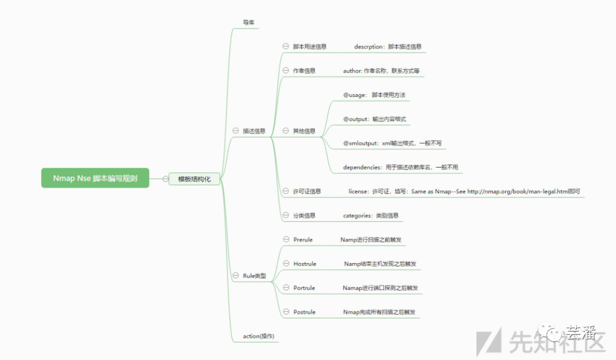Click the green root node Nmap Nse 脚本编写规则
point(95,179)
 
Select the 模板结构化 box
point(194,179)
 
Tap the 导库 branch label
point(248,23)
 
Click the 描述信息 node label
point(254,131)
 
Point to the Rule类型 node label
point(254,276)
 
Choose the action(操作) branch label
point(258,336)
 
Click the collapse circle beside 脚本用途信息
point(286,46)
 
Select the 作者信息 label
point(304,71)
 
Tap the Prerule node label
point(303,240)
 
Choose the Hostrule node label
point(305,264)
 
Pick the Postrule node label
point(304,312)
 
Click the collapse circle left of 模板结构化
point(165,179)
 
